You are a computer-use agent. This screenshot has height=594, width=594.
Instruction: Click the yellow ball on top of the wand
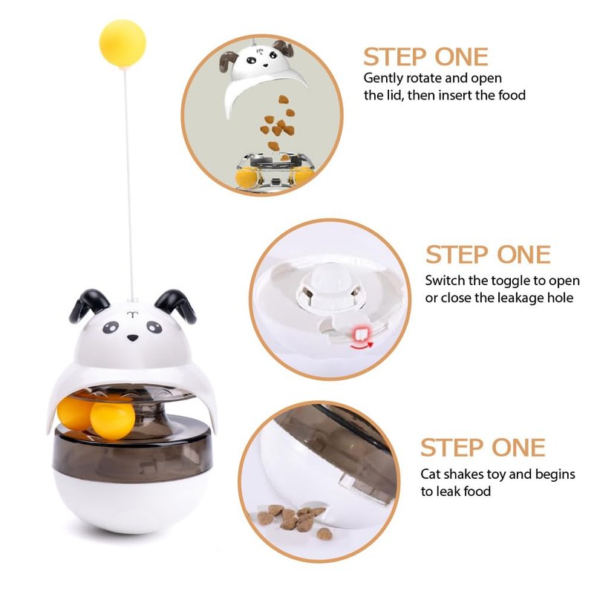coord(123,44)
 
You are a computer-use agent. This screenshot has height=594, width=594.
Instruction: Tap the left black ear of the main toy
coord(88,304)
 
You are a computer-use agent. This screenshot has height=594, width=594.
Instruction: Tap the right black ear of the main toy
coord(175,305)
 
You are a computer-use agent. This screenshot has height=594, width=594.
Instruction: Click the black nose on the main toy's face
coord(132,338)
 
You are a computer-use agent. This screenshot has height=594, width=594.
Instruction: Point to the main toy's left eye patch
coord(110,327)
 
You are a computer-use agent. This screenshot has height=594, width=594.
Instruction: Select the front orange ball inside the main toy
coord(113,420)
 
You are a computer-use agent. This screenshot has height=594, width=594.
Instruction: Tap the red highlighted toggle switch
coord(360,334)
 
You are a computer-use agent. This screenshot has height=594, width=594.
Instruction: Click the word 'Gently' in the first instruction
coord(383,79)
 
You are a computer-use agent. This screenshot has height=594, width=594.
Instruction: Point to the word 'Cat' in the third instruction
coord(431,474)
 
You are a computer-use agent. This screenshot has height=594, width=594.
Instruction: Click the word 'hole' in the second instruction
coord(560,298)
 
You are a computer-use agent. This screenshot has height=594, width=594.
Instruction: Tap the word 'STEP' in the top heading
coord(394,57)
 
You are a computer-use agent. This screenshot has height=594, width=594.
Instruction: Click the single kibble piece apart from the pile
coord(324,534)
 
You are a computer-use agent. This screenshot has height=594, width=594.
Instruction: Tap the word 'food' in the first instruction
coord(512,95)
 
